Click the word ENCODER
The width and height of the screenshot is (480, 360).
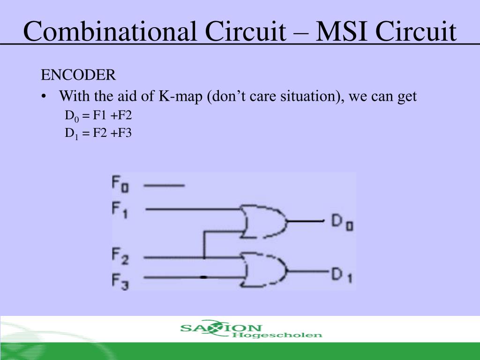coord(78,75)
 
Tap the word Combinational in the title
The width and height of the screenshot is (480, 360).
coord(109,31)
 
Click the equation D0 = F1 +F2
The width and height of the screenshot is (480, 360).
coord(98,116)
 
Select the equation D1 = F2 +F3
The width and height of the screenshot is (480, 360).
coord(98,134)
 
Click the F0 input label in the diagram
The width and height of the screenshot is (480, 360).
coord(120,184)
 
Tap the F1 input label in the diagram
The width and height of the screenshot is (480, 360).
coord(120,210)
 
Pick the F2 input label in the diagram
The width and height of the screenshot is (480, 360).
coord(120,256)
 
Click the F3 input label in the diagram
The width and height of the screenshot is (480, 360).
coord(120,281)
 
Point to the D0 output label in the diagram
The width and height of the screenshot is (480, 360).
coord(342,222)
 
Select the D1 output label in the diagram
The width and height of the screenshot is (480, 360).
coord(342,275)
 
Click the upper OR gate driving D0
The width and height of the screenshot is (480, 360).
coord(263,221)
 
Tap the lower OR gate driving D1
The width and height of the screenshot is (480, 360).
coord(263,270)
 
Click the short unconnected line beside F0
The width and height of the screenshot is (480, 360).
coord(164,185)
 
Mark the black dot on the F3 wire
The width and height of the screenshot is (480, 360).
coord(203,277)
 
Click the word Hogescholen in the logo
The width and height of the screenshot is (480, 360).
coord(277,335)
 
